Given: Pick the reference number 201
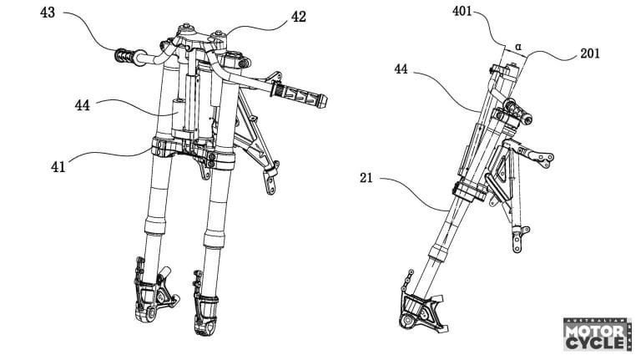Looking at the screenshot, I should (x=589, y=53).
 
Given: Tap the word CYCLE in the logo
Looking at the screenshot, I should (x=594, y=343).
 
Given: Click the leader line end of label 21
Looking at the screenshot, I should (x=452, y=205).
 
